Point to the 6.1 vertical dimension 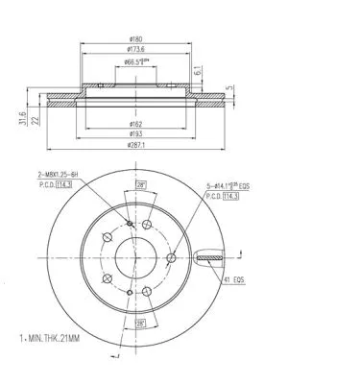(x=197, y=70)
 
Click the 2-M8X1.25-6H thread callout (x=57, y=175)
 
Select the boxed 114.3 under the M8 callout (x=67, y=185)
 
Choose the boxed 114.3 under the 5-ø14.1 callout (x=229, y=196)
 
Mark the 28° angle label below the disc (x=140, y=324)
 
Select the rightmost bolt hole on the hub (x=170, y=257)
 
